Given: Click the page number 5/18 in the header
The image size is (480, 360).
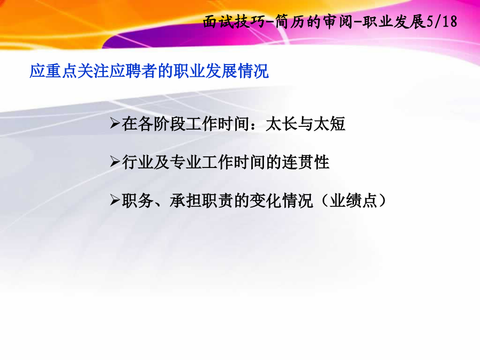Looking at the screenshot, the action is coord(442,21).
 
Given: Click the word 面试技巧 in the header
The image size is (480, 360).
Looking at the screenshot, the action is coord(235,22).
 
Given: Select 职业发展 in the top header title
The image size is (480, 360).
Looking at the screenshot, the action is coord(394,22).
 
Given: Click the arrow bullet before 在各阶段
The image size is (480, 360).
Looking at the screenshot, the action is coord(115,124).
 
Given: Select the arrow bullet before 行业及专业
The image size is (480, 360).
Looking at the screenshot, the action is coord(115,162).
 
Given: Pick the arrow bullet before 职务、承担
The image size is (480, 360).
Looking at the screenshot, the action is coord(115,201).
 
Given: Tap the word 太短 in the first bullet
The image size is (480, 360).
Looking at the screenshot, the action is coord(330,124).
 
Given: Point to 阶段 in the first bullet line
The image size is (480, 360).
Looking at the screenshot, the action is coord(170,124).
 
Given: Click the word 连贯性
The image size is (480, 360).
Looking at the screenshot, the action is coord(306,162).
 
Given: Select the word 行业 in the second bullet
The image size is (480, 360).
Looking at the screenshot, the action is coord(138,162).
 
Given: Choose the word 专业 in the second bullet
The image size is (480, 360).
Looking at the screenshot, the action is coord(186,162).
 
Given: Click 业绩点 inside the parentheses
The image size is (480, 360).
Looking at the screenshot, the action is coord(353,201).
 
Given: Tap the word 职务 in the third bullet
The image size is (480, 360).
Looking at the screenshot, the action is coord(138,201).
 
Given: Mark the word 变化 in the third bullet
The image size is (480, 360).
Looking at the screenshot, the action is coord(266,201).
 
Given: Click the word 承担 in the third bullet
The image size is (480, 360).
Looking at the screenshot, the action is coord(186,201).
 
